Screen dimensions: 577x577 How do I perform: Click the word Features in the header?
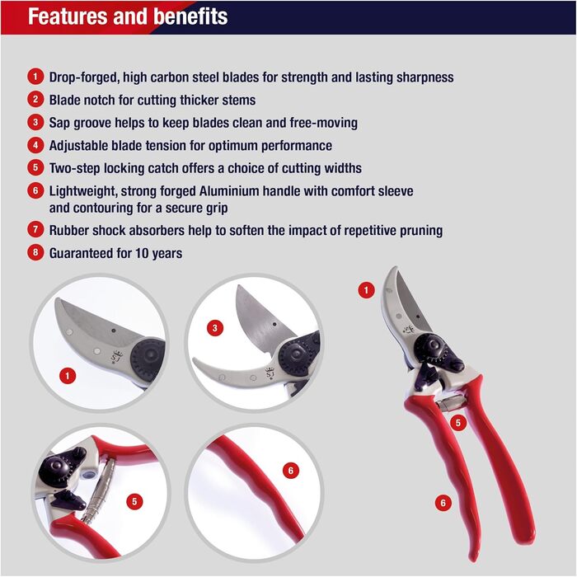click(68, 16)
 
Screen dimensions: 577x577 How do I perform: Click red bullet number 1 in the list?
click(35, 77)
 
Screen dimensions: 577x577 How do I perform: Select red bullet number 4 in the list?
click(35, 145)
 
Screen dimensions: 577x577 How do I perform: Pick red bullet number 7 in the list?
click(35, 230)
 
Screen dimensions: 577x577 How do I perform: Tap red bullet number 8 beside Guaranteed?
click(35, 252)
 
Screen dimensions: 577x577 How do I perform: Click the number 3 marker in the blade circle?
click(215, 327)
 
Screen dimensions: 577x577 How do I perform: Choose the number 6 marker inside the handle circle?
click(291, 471)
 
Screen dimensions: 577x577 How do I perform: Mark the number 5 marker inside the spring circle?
click(134, 501)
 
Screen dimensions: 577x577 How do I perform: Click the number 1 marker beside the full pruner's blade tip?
click(366, 290)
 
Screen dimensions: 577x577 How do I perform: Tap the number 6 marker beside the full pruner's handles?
click(443, 503)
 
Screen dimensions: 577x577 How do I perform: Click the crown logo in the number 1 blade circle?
click(117, 357)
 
